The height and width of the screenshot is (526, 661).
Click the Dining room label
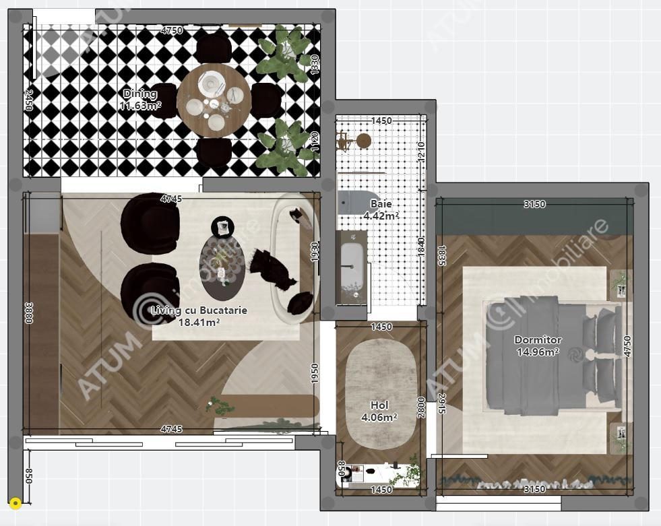(x=140, y=100)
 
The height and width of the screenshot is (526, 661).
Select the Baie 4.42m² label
(x=381, y=209)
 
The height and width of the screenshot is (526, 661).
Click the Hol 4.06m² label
(x=380, y=411)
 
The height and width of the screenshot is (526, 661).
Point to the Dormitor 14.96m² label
(x=538, y=346)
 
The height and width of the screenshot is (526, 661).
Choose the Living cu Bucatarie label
(x=199, y=316)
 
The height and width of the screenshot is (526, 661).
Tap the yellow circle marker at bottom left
(x=15, y=502)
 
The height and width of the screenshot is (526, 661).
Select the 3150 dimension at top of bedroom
(x=534, y=204)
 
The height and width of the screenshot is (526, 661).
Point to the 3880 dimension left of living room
(x=29, y=313)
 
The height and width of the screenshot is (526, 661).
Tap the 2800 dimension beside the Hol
(x=422, y=407)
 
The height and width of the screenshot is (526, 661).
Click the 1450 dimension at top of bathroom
(x=381, y=121)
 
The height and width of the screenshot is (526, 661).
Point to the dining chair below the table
(x=214, y=152)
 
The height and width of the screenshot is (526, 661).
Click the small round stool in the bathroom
(x=363, y=141)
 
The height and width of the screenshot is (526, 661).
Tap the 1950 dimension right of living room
(x=314, y=374)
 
